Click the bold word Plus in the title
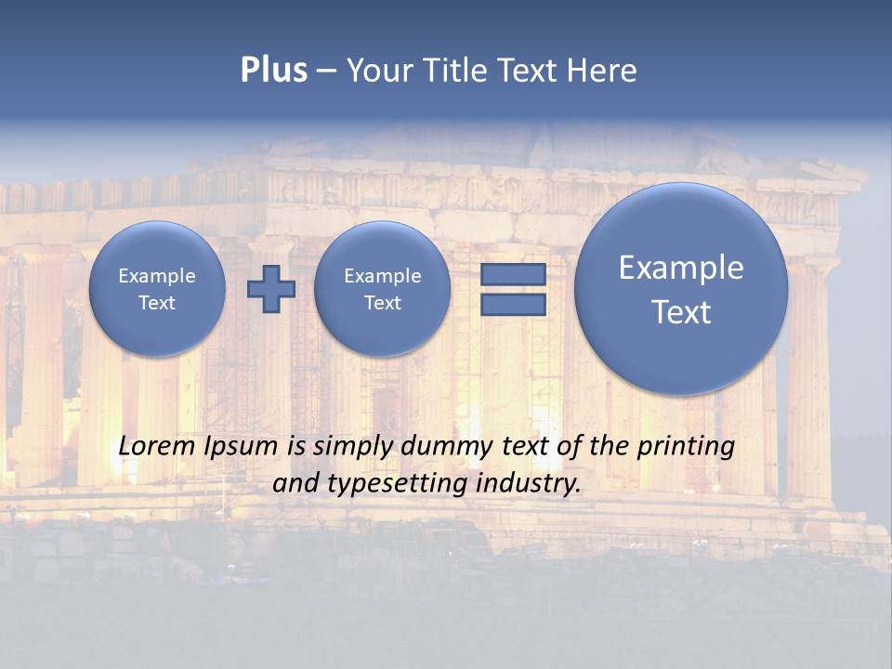(x=273, y=71)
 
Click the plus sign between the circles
(x=271, y=289)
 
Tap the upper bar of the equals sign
(x=513, y=274)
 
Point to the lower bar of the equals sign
(x=513, y=305)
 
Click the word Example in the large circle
(x=681, y=268)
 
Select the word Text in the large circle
(x=681, y=312)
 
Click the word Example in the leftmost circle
(x=157, y=276)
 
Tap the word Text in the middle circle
(x=382, y=303)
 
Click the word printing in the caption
(x=686, y=446)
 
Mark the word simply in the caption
(x=353, y=446)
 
